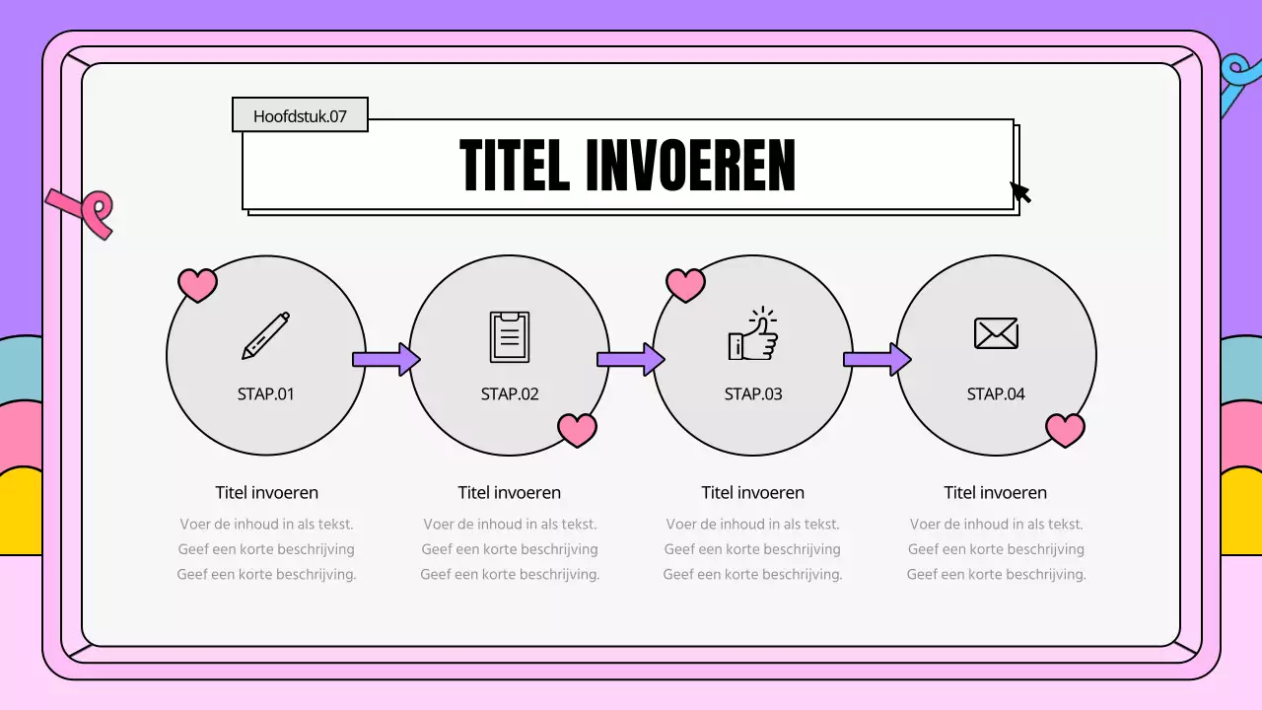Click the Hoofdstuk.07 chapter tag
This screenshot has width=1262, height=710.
(x=300, y=115)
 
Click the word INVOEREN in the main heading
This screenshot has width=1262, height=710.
(x=690, y=166)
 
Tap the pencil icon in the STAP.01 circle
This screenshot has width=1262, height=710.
(x=266, y=335)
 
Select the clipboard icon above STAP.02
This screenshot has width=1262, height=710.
(x=510, y=336)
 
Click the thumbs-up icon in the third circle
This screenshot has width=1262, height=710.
(x=753, y=335)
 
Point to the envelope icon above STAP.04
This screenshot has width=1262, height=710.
(x=996, y=333)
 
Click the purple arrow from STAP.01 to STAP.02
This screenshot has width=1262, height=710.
(x=386, y=359)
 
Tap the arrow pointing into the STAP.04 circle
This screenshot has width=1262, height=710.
(x=876, y=359)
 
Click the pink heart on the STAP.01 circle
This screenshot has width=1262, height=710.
(x=197, y=284)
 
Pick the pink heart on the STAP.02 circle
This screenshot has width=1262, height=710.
(x=577, y=429)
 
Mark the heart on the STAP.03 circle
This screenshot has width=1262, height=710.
(x=686, y=284)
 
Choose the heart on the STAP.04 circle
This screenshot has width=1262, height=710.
(x=1065, y=429)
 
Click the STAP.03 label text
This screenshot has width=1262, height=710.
(x=753, y=394)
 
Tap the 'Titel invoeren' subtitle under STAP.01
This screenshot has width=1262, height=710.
(x=267, y=492)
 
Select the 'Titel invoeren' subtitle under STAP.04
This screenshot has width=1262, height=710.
(x=996, y=492)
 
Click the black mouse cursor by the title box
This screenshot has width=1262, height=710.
(x=1020, y=191)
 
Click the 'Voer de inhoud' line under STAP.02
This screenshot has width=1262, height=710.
(x=510, y=525)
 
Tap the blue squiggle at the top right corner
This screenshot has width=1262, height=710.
(x=1236, y=83)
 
